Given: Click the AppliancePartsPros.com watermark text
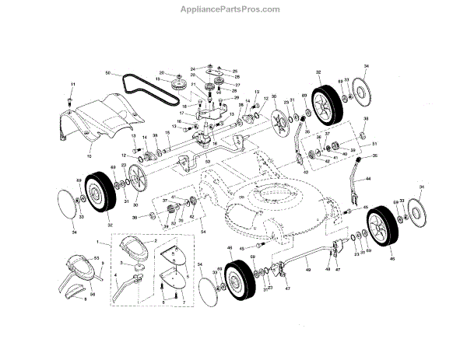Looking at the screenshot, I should (233, 10).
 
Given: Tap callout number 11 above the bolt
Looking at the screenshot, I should (72, 83).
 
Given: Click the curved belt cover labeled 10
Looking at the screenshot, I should (101, 117).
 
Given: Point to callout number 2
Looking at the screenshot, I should (156, 242).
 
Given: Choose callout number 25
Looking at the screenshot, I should (234, 68).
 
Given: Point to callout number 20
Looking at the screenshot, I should (161, 73).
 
